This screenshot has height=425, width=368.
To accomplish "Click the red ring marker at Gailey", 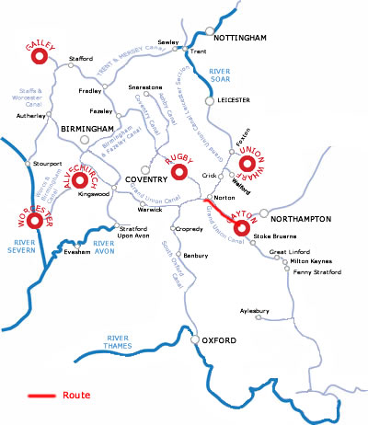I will (x=39, y=58).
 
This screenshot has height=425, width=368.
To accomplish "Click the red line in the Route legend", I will (x=40, y=396).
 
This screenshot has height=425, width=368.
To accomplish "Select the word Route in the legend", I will (x=76, y=396).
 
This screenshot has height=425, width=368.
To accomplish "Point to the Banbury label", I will (x=195, y=255).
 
